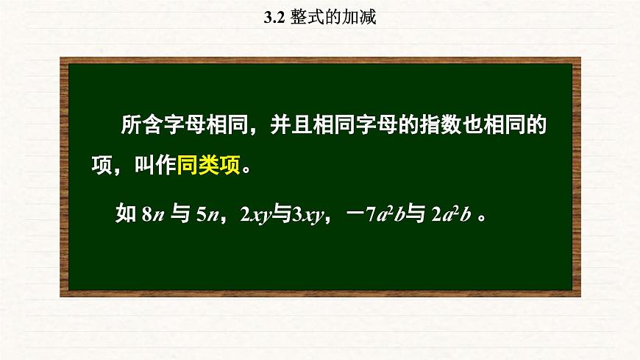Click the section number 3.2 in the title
[274, 18]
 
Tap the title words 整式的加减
[333, 18]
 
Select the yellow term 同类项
[208, 166]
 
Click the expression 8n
[150, 215]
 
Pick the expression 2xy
[257, 215]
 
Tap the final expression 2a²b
[451, 215]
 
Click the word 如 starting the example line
[126, 215]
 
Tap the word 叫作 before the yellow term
[155, 166]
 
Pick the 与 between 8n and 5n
[179, 215]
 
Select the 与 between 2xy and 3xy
[282, 215]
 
